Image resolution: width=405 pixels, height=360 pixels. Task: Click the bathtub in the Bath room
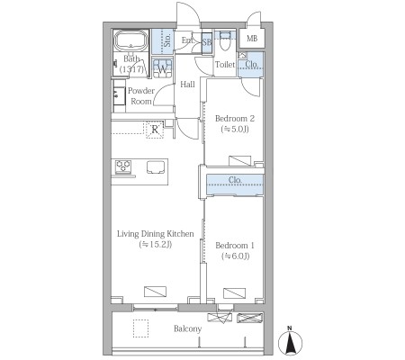[x=131, y=40]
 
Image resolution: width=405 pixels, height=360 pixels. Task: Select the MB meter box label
[x=252, y=39]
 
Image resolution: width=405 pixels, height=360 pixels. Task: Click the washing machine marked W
[x=162, y=68]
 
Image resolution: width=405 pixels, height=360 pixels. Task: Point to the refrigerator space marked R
[x=155, y=130]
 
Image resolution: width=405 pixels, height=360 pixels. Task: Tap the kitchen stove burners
[x=123, y=166]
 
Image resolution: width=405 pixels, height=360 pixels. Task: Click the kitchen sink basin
[x=156, y=167]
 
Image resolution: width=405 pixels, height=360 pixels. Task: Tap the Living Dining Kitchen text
[x=156, y=234]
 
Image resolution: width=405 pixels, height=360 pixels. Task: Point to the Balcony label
[x=187, y=328]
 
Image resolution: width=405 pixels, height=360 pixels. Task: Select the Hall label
[x=187, y=85]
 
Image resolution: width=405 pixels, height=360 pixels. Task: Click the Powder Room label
[x=141, y=96]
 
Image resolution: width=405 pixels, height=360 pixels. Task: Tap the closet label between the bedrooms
[x=235, y=180]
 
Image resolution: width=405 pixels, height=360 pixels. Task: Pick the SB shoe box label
[x=207, y=42]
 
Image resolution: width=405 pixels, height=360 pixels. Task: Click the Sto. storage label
[x=167, y=40]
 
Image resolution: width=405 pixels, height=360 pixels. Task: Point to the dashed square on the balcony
[x=140, y=328]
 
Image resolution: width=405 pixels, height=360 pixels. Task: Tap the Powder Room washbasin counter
[x=119, y=96]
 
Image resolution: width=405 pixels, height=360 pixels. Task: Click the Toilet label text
[x=225, y=65]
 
